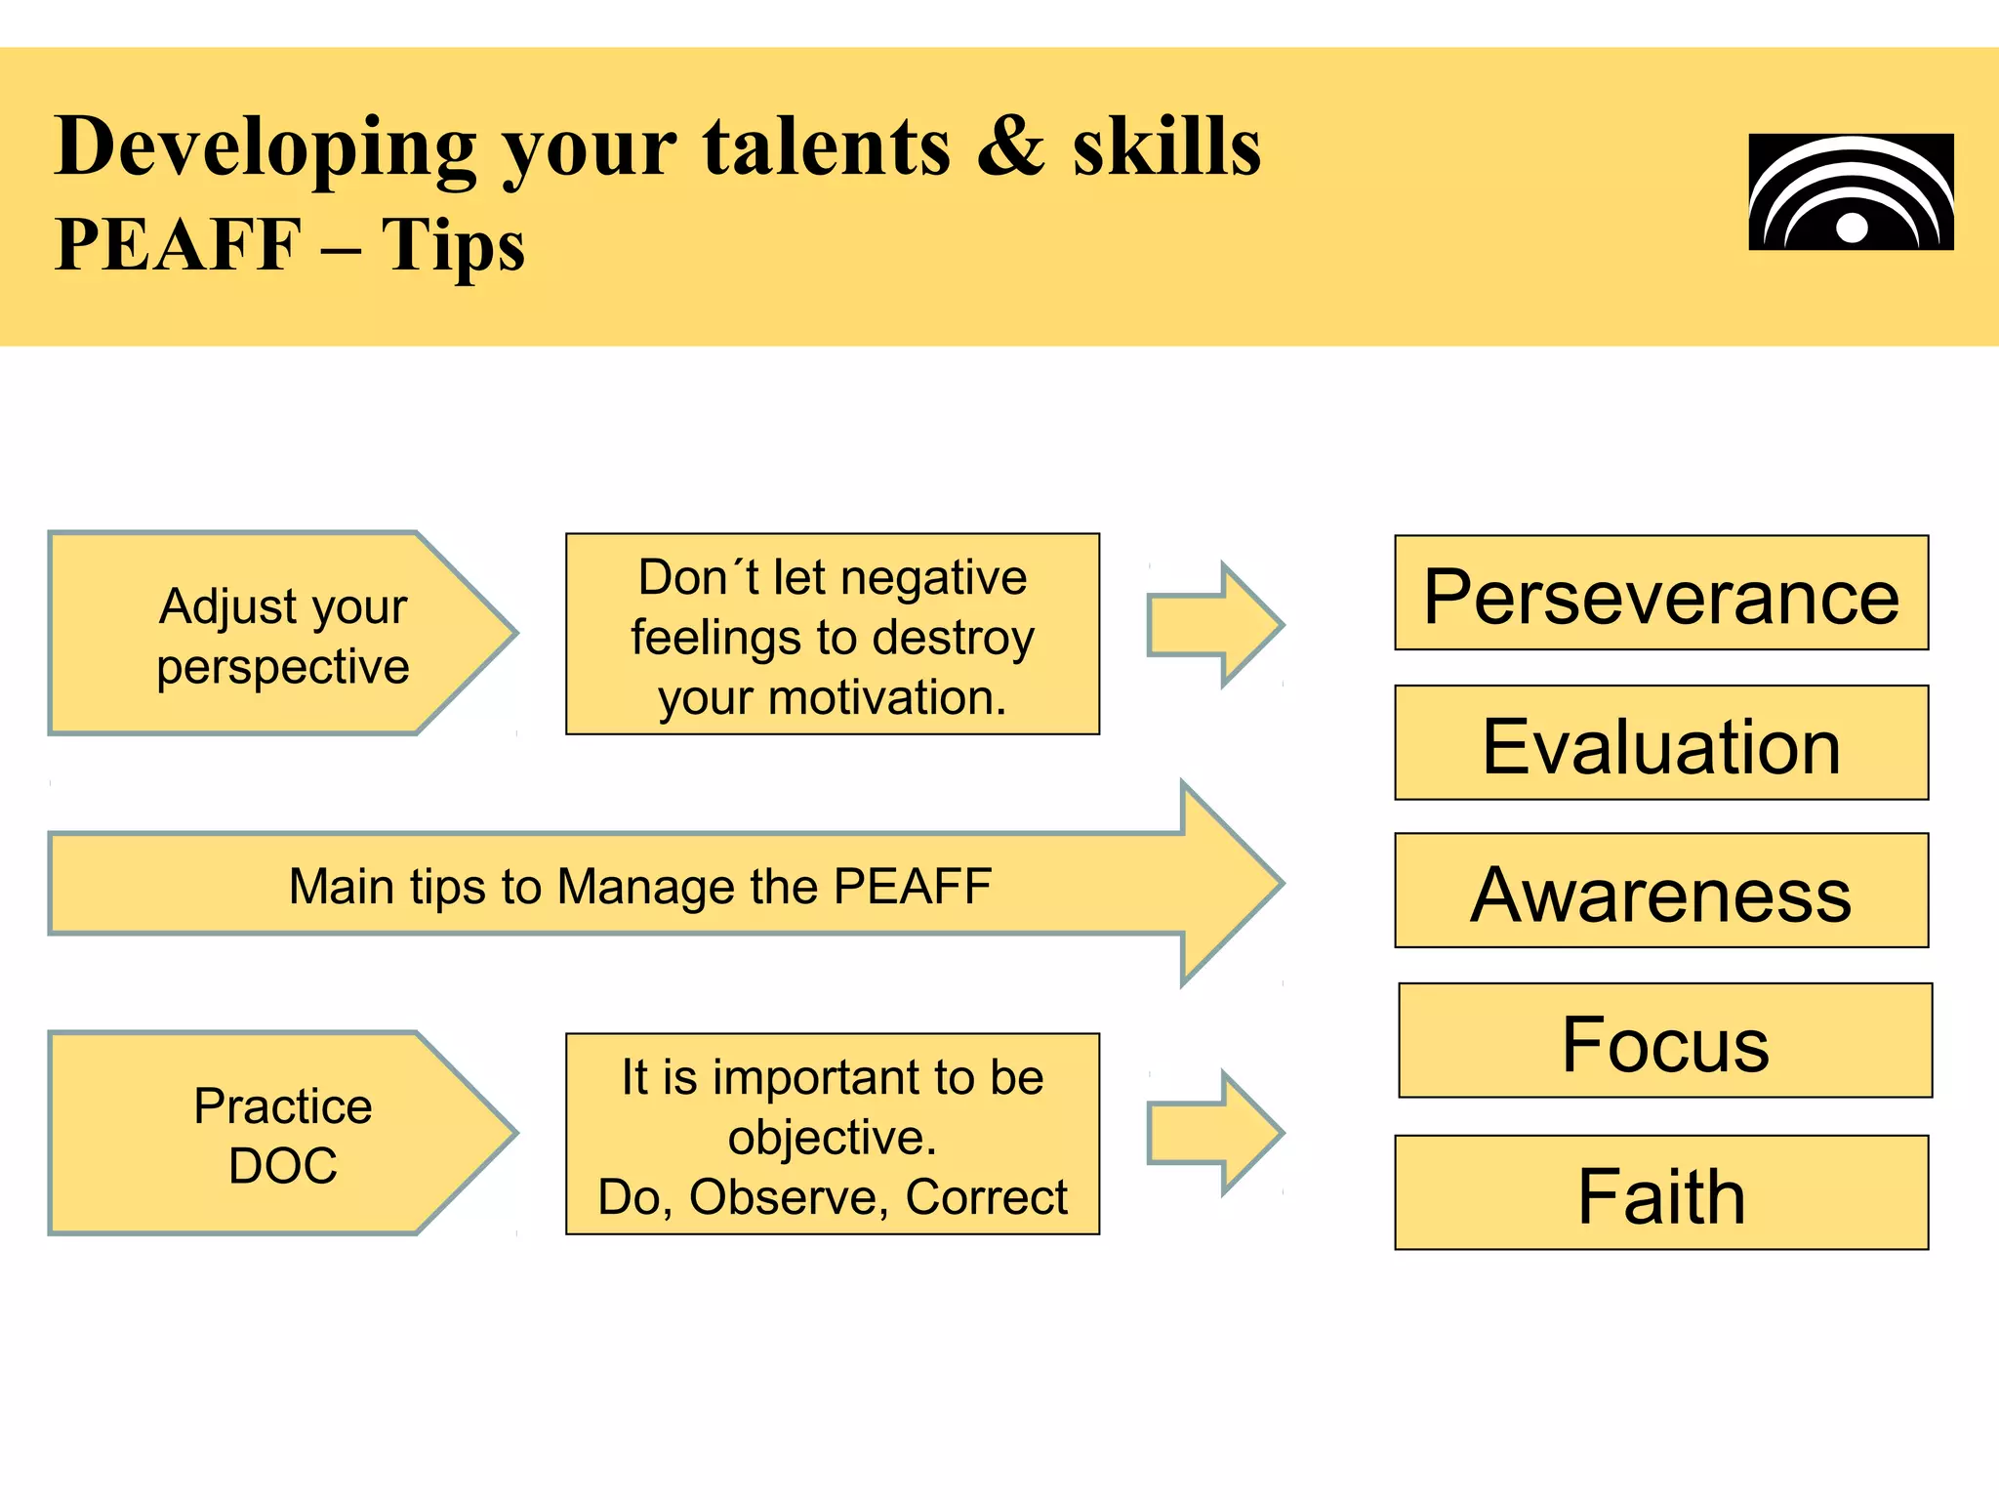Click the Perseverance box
point(1661,593)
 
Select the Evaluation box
point(1661,743)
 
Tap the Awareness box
point(1661,891)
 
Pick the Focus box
point(1665,1041)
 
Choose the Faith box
point(1661,1192)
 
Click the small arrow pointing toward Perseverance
point(1215,625)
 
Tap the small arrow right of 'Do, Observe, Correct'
point(1215,1133)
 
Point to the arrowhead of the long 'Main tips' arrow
point(1230,884)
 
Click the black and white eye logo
point(1851,192)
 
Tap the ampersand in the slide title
point(1011,146)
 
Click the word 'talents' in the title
point(826,146)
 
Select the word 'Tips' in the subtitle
point(453,245)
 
